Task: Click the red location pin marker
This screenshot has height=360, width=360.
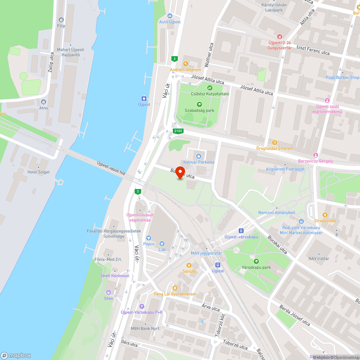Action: click(x=179, y=172)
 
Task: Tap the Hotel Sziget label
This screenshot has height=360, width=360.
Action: click(x=39, y=172)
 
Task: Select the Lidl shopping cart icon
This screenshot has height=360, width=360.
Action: click(x=162, y=244)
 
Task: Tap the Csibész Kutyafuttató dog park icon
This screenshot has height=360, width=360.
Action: click(x=210, y=87)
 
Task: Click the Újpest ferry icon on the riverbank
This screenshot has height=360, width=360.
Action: click(x=144, y=98)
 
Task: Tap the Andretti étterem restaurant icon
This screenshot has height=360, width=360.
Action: click(x=186, y=63)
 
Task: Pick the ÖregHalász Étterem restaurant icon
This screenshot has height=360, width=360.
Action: click(x=275, y=143)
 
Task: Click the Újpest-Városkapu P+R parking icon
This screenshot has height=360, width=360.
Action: click(x=141, y=306)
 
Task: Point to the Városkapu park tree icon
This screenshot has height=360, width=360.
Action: click(x=256, y=261)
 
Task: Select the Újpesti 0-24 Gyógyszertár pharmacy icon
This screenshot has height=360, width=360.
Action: click(x=279, y=36)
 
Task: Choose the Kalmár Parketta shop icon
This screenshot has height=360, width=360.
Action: click(x=198, y=156)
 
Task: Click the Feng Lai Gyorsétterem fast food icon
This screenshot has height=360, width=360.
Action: click(x=175, y=288)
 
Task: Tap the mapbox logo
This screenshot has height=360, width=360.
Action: click(x=16, y=355)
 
